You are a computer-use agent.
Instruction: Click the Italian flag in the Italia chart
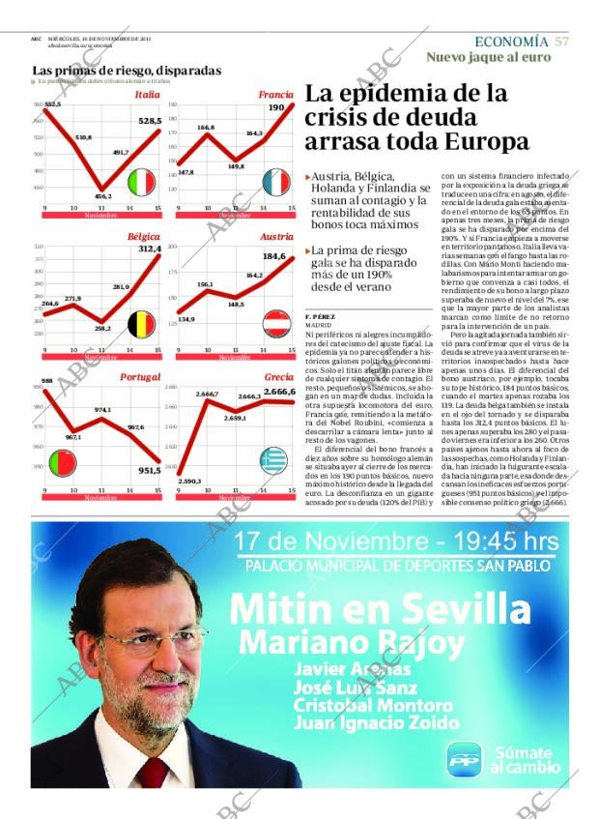tap(142, 182)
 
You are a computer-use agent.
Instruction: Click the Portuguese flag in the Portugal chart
tap(64, 463)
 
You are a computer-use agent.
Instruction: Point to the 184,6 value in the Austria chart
tap(274, 256)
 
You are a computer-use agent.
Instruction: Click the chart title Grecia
tap(279, 377)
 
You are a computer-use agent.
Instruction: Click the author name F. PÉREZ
tap(320, 317)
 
